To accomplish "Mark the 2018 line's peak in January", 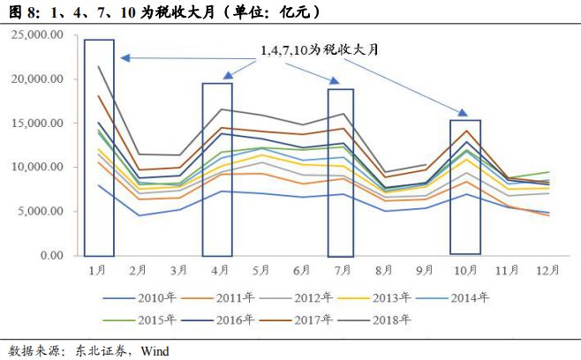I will [99, 66].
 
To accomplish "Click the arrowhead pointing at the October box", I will [461, 112].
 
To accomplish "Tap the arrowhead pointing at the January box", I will [124, 58].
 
